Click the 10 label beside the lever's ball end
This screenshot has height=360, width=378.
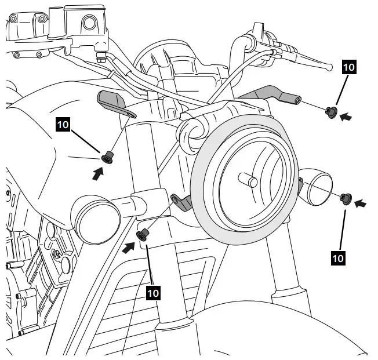coord(349,67)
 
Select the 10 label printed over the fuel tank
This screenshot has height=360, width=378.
coord(63,123)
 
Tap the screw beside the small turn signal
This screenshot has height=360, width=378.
coord(346,199)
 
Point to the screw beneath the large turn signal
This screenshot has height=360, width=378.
coord(143,234)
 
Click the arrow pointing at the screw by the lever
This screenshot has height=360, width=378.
coord(346,117)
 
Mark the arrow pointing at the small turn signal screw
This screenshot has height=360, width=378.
coord(361,203)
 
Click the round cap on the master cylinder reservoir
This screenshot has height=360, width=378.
coord(89,23)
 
